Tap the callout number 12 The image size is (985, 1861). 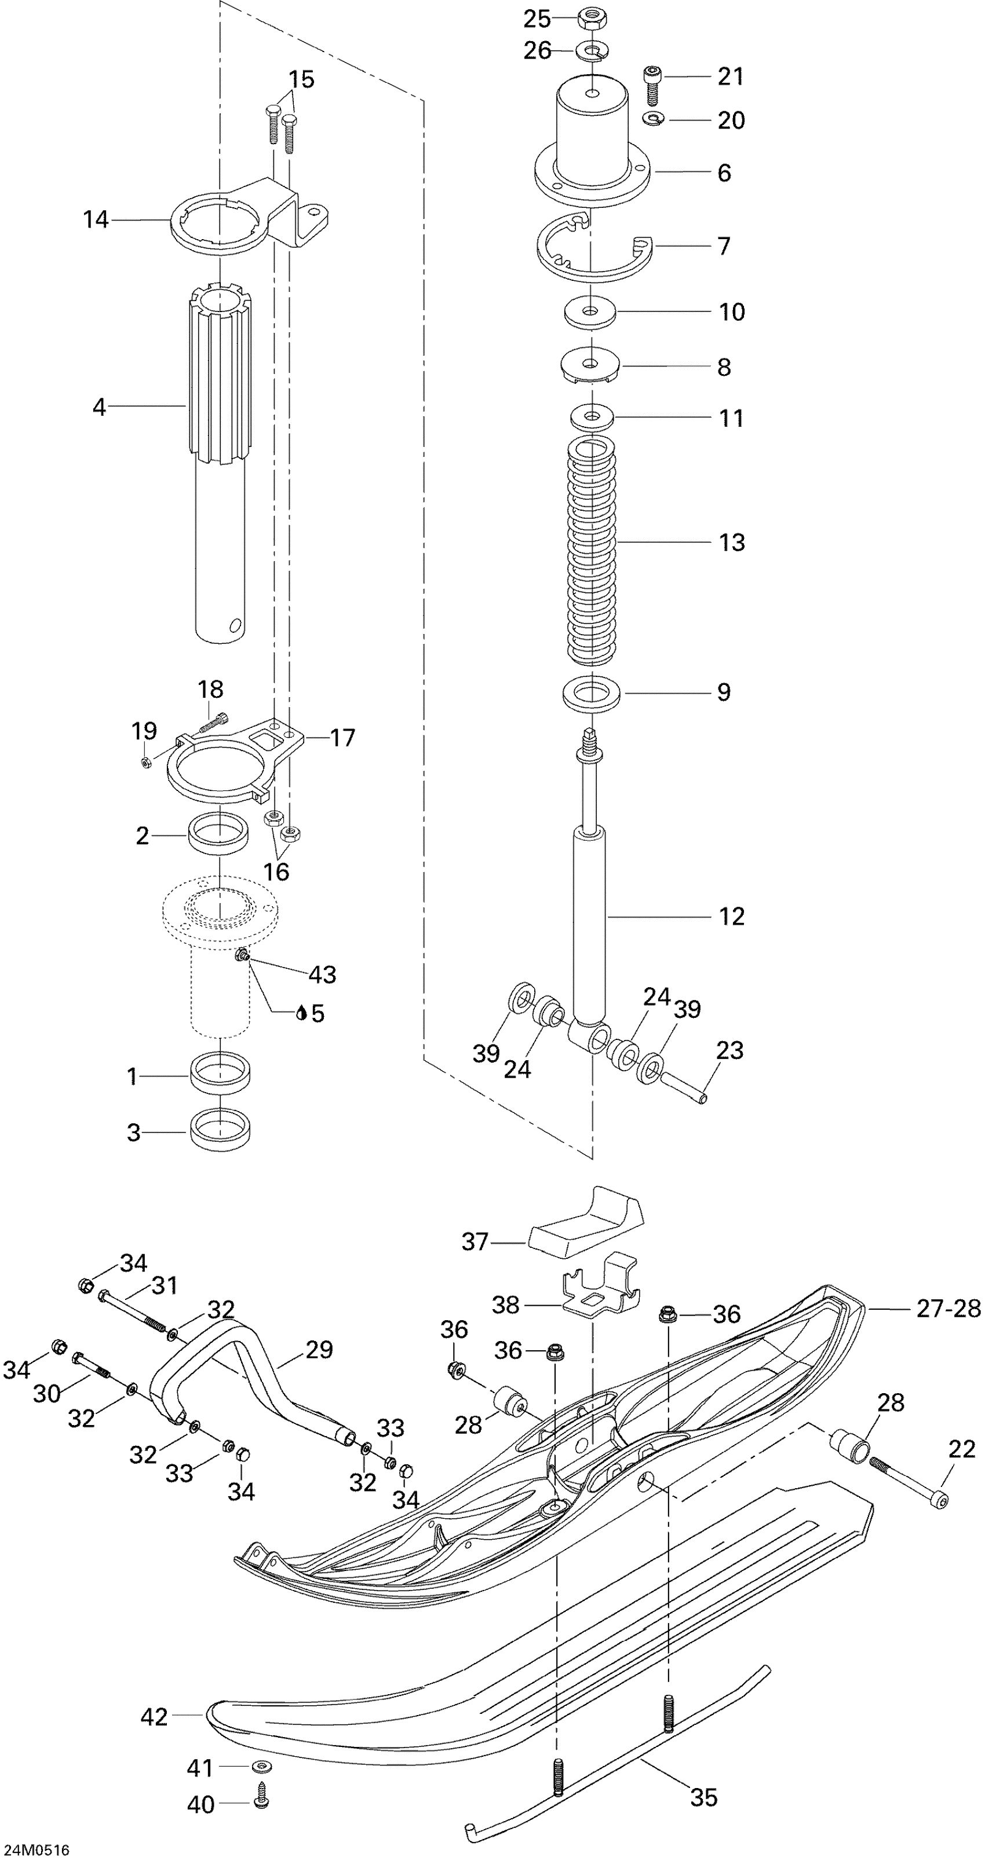click(x=731, y=916)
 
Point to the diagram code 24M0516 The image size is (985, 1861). click(x=35, y=1849)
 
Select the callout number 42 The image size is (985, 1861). click(x=153, y=1716)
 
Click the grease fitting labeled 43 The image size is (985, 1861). click(x=242, y=957)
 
